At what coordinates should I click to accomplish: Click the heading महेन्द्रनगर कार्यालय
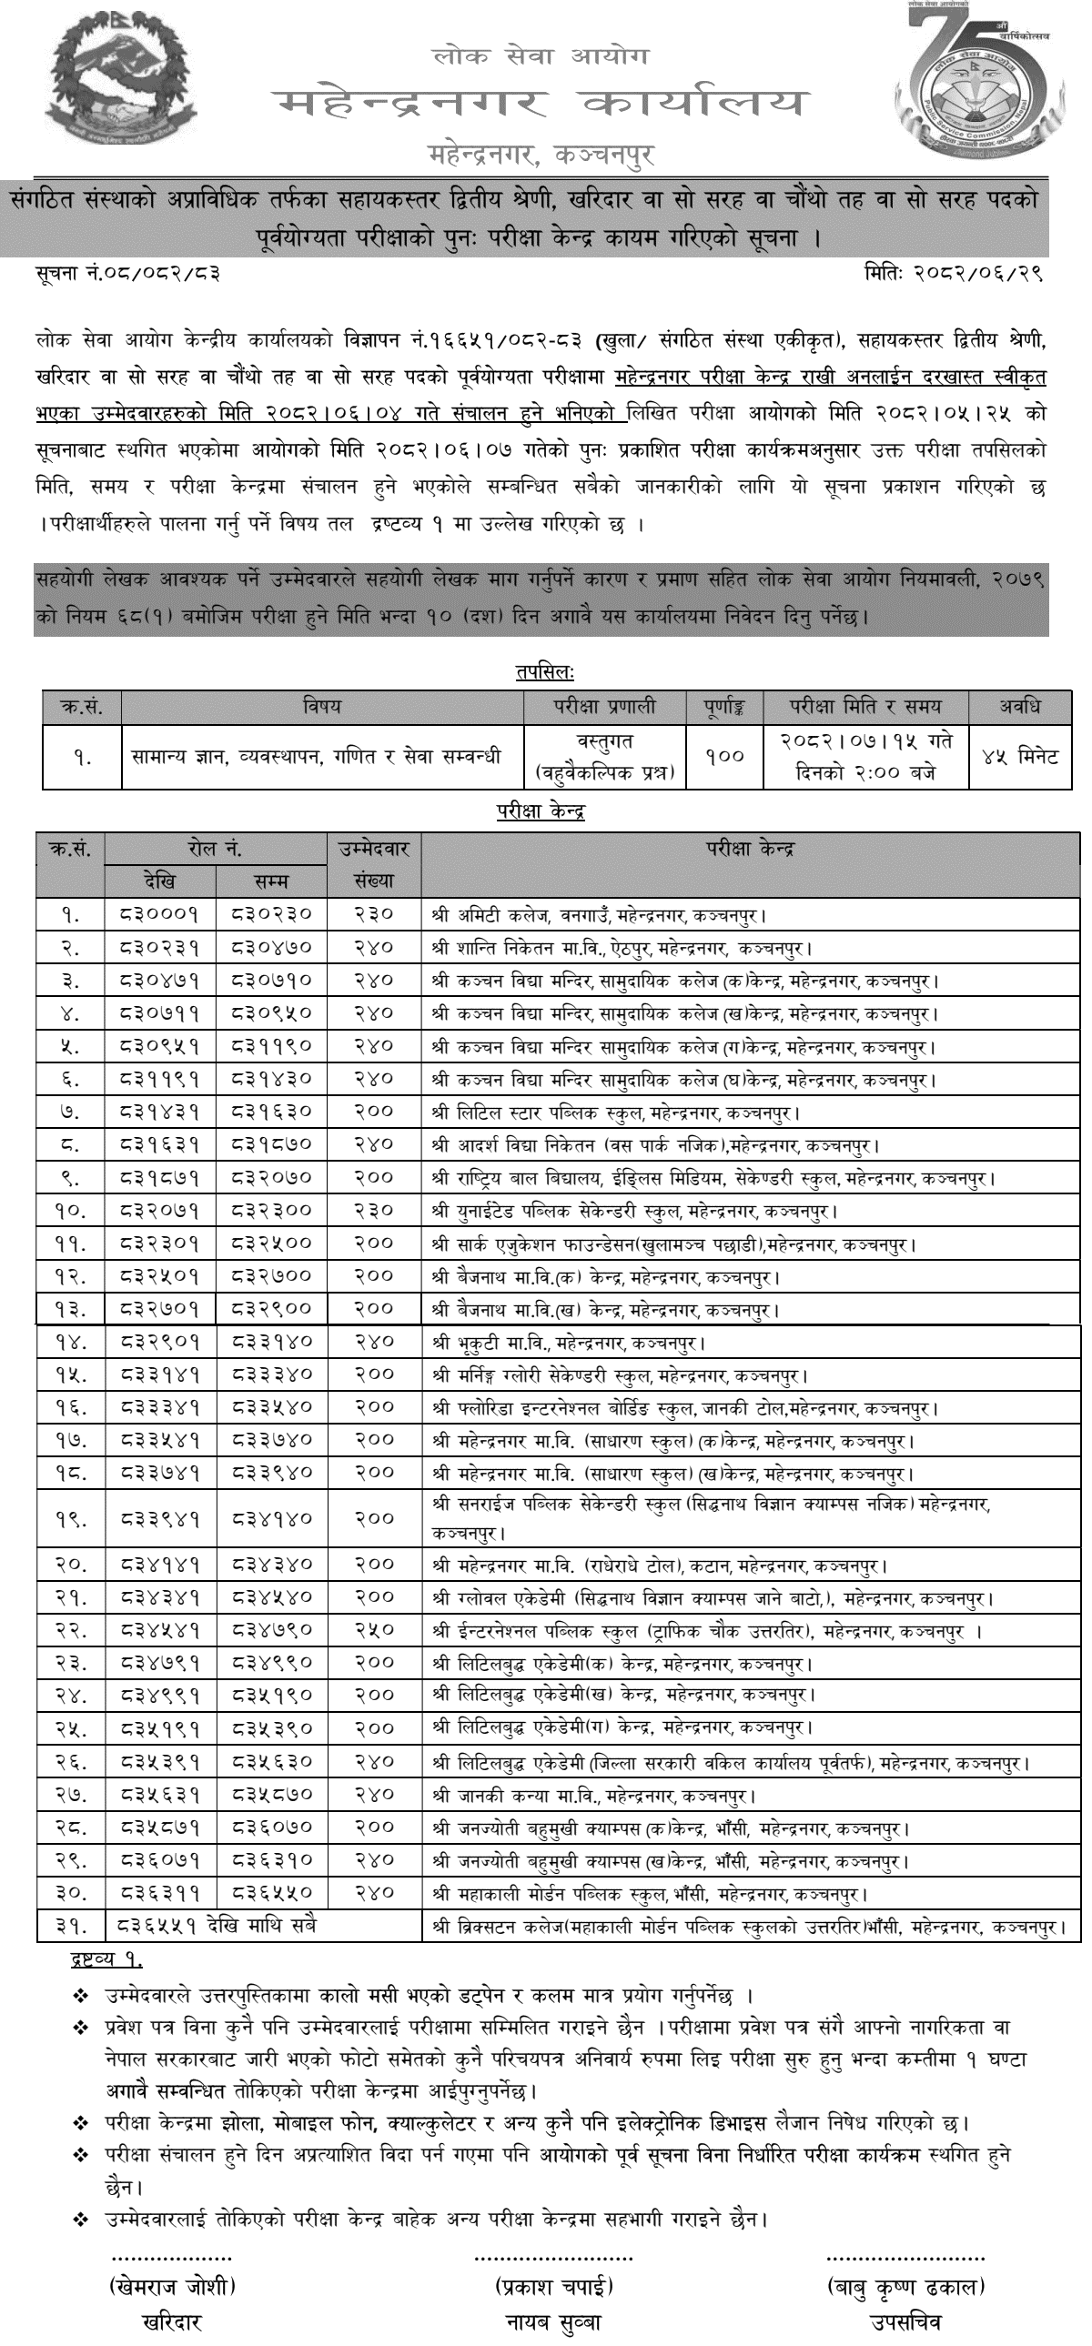(541, 103)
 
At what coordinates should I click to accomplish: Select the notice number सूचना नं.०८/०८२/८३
(127, 271)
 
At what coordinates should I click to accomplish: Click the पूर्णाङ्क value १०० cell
(724, 756)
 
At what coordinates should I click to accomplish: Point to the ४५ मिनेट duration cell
(1019, 756)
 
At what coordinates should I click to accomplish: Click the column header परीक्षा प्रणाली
(605, 706)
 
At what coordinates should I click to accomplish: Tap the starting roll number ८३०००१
(160, 913)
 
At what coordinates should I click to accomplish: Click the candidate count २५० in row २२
(373, 1630)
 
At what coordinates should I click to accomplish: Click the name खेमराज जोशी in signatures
(172, 2285)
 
